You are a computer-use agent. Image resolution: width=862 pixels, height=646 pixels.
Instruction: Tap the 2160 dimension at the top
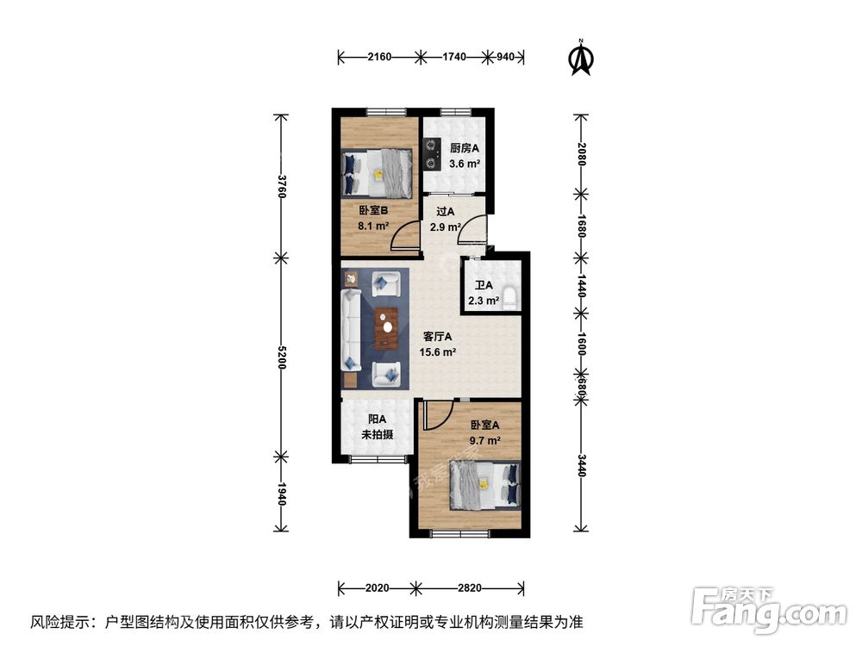379,58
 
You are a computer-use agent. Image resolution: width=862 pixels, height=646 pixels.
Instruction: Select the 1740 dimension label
454,58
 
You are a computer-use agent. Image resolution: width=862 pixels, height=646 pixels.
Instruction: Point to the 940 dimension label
506,58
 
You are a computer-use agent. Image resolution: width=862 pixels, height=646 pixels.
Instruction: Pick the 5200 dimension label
280,356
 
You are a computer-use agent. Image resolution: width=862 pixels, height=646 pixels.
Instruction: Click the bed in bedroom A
486,486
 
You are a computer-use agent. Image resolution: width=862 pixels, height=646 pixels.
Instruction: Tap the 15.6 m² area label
438,351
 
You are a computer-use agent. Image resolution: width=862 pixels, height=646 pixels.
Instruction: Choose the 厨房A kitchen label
465,147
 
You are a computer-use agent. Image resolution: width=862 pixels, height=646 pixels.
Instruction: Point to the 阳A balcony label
377,419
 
